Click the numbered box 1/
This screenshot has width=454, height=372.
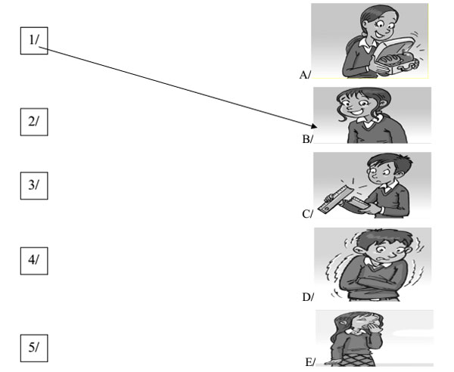tap(33, 43)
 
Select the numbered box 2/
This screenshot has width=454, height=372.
tap(33, 122)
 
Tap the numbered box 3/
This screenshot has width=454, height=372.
tap(33, 186)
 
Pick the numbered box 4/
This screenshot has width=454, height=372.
tap(33, 261)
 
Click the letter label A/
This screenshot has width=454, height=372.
tap(305, 75)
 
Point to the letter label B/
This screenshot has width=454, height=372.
tap(306, 140)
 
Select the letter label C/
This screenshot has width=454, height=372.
tap(307, 215)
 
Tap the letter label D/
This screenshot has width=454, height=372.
tap(307, 297)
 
